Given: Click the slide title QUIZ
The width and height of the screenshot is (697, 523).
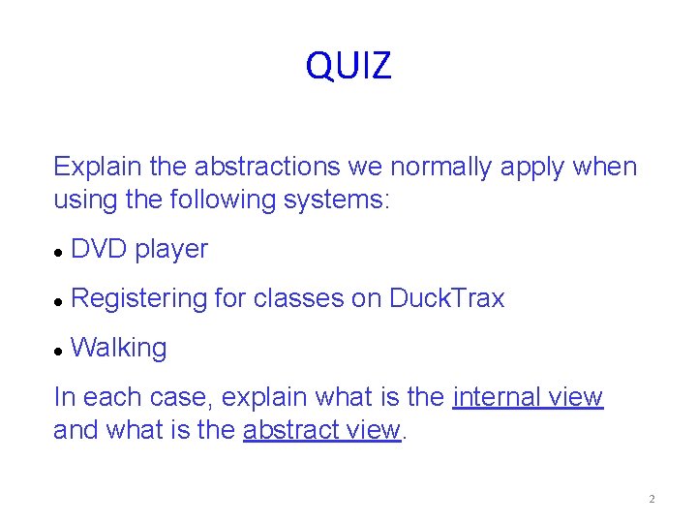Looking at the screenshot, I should pyautogui.click(x=348, y=66).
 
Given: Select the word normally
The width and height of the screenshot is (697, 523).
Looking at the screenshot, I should pyautogui.click(x=439, y=168).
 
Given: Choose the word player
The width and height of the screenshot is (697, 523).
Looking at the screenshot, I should pyautogui.click(x=171, y=250).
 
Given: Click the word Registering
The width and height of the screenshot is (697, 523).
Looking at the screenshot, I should pyautogui.click(x=139, y=299).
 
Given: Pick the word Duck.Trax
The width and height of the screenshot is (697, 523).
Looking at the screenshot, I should pyautogui.click(x=446, y=298).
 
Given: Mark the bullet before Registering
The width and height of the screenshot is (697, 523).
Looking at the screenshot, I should pyautogui.click(x=59, y=301).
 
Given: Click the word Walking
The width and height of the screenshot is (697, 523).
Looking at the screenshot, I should pyautogui.click(x=119, y=349).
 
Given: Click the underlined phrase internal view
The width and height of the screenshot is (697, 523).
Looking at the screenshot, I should pyautogui.click(x=528, y=397).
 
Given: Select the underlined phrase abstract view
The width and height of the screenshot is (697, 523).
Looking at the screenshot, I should pyautogui.click(x=321, y=430).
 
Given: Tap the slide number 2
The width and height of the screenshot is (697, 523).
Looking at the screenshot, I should pyautogui.click(x=652, y=500).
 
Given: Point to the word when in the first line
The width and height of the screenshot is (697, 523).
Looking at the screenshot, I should pyautogui.click(x=604, y=168).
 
